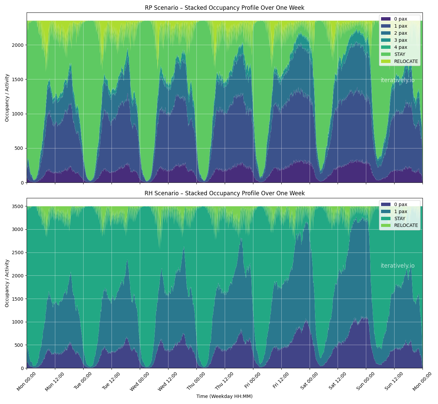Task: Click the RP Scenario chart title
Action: [224, 8]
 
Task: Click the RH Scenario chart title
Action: [224, 193]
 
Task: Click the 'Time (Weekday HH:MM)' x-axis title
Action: [224, 397]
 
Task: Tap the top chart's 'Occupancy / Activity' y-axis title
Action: [7, 98]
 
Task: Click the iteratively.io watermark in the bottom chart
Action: [398, 266]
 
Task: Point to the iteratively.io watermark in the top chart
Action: [398, 80]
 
